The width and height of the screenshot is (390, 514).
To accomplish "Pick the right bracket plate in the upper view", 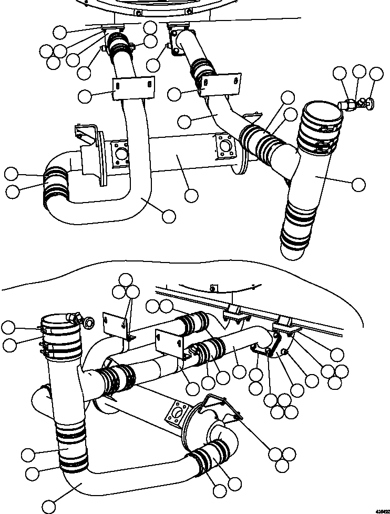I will coord(221,84).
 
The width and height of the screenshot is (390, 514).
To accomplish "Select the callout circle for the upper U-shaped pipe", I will coord(169,216).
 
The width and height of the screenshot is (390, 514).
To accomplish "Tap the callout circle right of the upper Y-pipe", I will coord(358,184).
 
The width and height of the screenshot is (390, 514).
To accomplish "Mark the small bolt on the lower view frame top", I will coord(213,287).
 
